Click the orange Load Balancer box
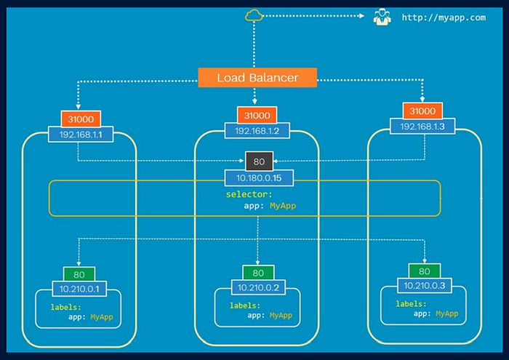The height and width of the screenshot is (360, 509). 257,78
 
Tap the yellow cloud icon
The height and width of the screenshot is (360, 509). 254,15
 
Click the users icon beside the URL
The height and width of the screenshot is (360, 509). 382,17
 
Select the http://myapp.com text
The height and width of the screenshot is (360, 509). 444,17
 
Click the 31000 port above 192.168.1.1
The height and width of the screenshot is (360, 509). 81,119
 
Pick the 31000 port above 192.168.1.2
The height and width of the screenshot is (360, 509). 257,115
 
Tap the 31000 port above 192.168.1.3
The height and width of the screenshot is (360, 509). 422,111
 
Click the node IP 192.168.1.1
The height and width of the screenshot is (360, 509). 81,135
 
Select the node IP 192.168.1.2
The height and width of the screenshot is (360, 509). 257,131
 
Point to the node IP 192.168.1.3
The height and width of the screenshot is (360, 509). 422,127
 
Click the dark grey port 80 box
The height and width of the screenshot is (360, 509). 259,161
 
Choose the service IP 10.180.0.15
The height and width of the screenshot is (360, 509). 259,178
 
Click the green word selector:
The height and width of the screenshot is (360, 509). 249,194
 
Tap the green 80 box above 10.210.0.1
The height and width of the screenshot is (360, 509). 79,275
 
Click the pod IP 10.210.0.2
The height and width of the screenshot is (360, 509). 258,287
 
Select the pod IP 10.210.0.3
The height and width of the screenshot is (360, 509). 424,286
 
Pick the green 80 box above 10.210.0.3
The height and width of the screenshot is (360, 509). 424,271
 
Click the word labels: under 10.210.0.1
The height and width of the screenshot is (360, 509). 65,307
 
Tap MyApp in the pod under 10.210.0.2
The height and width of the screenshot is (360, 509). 281,315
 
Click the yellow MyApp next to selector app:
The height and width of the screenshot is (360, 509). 283,206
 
